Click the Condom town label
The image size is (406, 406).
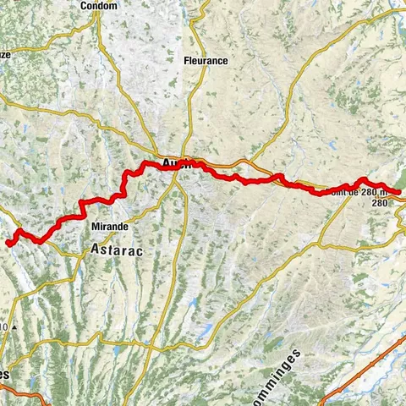(99, 6)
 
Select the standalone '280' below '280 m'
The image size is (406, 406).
(378, 204)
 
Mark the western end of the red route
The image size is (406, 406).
(8, 243)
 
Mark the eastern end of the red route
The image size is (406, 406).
(399, 192)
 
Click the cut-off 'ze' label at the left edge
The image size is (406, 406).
(5, 52)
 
